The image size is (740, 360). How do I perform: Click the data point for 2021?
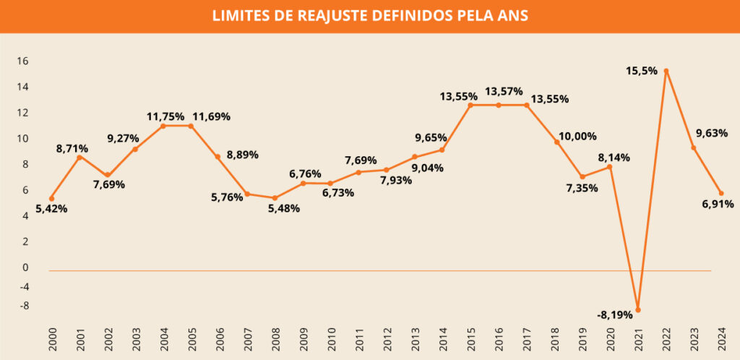638,309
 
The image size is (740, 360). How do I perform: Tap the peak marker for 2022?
666,71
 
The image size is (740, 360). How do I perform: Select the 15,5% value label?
642,71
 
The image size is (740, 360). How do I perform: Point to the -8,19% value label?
615,314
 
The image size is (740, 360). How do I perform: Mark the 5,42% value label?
51,209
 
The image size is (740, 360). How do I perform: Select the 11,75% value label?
166,116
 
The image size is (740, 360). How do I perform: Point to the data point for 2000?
51,198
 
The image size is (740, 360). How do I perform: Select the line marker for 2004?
163,126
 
